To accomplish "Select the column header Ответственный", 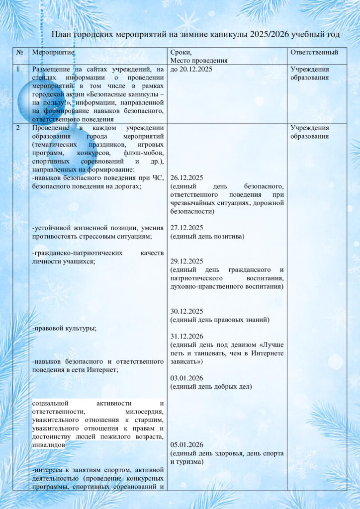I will point(314,52).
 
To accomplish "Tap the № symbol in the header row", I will point(19,52).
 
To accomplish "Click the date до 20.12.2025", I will point(191,69).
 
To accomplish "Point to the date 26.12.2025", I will point(186,177).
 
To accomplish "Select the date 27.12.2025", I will point(186,228).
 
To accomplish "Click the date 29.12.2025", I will point(186,261).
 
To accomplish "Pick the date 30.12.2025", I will point(186,311).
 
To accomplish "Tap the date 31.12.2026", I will point(186,336).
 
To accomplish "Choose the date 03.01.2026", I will point(186,378).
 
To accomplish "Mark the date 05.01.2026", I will point(186,444).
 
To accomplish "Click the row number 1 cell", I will point(18,69).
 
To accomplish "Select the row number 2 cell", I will point(18,128).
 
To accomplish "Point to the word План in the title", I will point(63,34).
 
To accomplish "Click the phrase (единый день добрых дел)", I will point(211,386).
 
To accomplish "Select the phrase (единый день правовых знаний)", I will point(220,320).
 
